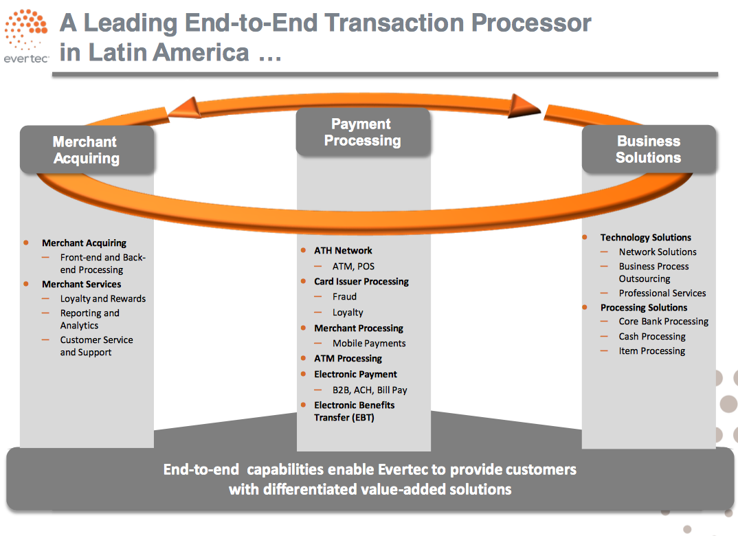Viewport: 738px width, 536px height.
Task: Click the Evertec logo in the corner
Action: point(26,36)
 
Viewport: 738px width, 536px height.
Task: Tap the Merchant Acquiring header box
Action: point(87,150)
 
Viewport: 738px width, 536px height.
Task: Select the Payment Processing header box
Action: point(363,132)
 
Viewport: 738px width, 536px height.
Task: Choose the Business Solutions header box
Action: point(649,149)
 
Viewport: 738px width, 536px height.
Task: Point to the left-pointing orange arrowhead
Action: point(184,108)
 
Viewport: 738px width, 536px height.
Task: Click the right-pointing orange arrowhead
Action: point(524,105)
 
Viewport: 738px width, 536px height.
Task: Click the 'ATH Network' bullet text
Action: point(343,250)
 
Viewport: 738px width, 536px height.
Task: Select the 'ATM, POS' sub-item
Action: point(353,267)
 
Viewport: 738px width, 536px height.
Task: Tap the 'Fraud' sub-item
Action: point(344,296)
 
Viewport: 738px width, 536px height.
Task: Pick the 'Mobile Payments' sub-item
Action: point(369,343)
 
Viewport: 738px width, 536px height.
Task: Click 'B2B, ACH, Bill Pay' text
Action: point(370,390)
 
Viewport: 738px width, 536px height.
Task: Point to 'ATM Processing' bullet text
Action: point(348,359)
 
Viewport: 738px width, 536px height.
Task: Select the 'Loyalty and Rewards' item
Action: point(103,299)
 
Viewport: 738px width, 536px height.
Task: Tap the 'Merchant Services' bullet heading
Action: point(81,284)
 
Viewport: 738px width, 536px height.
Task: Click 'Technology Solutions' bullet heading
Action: point(646,237)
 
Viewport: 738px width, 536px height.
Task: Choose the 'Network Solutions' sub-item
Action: point(658,252)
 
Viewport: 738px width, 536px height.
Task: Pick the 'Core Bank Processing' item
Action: point(664,322)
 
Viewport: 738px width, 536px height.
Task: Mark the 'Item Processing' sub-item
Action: point(652,351)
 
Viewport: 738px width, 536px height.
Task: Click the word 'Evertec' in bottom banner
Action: point(403,469)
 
